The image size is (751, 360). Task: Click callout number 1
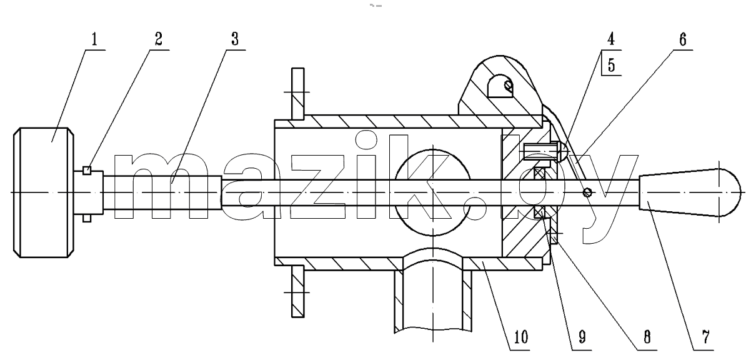(x=94, y=39)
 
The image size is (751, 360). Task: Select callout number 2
(x=159, y=39)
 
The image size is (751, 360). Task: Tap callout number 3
(x=235, y=39)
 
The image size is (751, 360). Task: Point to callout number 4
(x=611, y=39)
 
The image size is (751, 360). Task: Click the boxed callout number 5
(x=611, y=65)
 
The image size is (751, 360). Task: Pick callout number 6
(x=683, y=39)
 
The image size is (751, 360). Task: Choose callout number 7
(x=706, y=337)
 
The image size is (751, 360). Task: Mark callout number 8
(x=647, y=337)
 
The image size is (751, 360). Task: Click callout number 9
(x=582, y=337)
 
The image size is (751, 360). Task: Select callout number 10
(x=520, y=337)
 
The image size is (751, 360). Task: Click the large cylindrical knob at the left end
(x=44, y=192)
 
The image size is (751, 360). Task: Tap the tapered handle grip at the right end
(x=689, y=192)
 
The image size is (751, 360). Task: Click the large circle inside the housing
(x=432, y=192)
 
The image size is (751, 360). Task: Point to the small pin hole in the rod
(x=587, y=192)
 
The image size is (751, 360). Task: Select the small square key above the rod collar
(x=87, y=170)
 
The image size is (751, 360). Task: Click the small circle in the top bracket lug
(x=509, y=86)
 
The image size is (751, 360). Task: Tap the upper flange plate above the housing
(x=298, y=94)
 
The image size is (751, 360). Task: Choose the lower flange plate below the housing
(x=298, y=291)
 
